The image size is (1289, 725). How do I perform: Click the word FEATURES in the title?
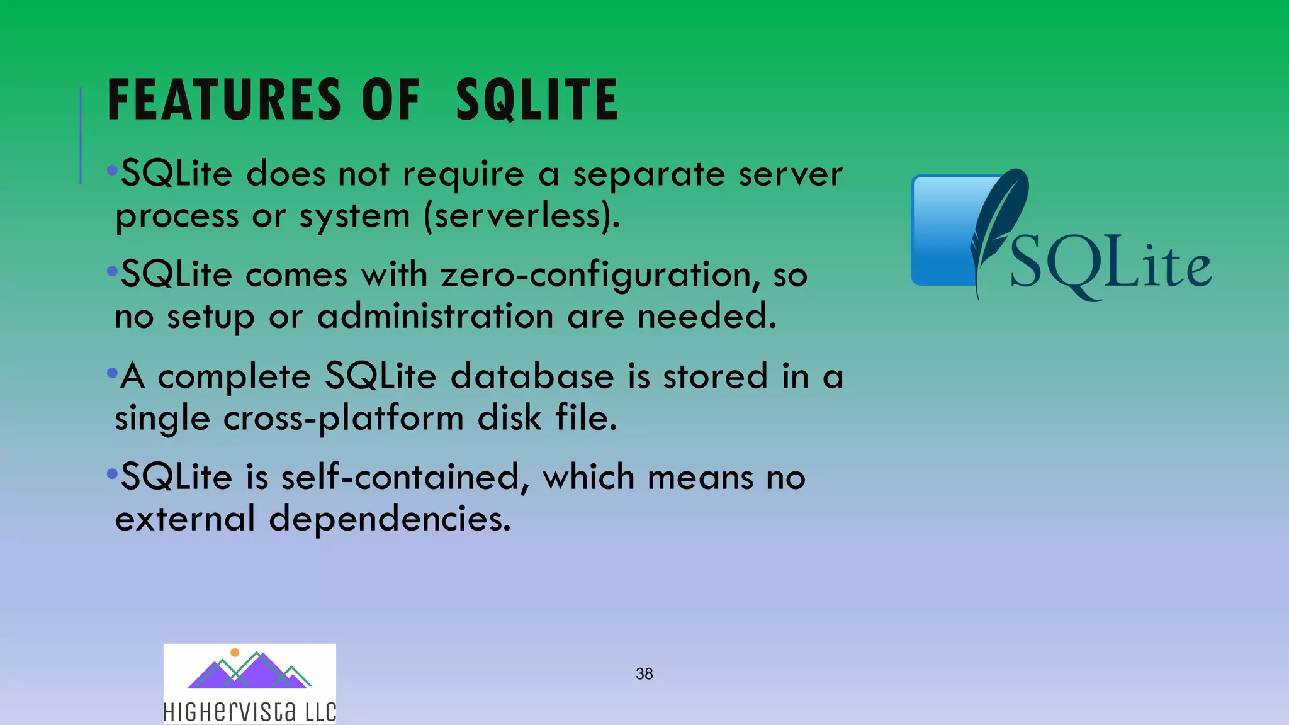[224, 99]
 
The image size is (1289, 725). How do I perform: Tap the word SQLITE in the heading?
[537, 99]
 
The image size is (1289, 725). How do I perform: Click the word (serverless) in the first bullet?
[522, 216]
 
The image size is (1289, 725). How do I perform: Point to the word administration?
[434, 316]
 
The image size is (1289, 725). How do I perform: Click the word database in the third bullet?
[532, 376]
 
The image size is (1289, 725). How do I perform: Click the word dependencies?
[390, 519]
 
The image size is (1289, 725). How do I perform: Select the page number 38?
[644, 674]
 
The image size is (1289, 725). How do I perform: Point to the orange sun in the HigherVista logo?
[235, 653]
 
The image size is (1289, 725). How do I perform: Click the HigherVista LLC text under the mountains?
[250, 712]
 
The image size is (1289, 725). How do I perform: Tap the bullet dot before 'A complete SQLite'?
[112, 373]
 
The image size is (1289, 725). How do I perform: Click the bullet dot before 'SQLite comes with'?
[112, 271]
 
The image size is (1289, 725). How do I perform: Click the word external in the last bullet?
[185, 519]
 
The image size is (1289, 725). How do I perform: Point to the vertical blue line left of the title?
[81, 135]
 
